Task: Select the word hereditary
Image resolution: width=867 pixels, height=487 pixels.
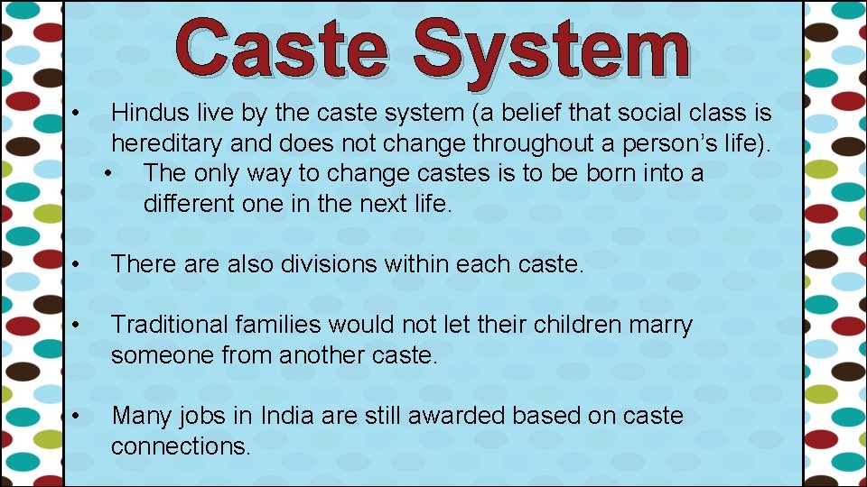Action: click(167, 142)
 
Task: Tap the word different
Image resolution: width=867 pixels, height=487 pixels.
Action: click(189, 203)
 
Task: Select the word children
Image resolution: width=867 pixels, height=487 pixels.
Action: click(553, 325)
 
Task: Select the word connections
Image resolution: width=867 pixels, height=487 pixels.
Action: click(180, 446)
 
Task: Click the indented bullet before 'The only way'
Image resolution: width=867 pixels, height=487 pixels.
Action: click(109, 173)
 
